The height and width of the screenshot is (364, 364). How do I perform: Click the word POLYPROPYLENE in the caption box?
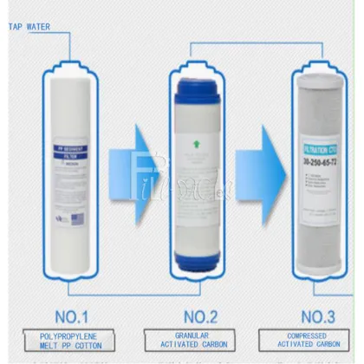(68, 335)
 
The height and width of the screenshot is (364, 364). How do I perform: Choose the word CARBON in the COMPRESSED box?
(337, 346)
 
